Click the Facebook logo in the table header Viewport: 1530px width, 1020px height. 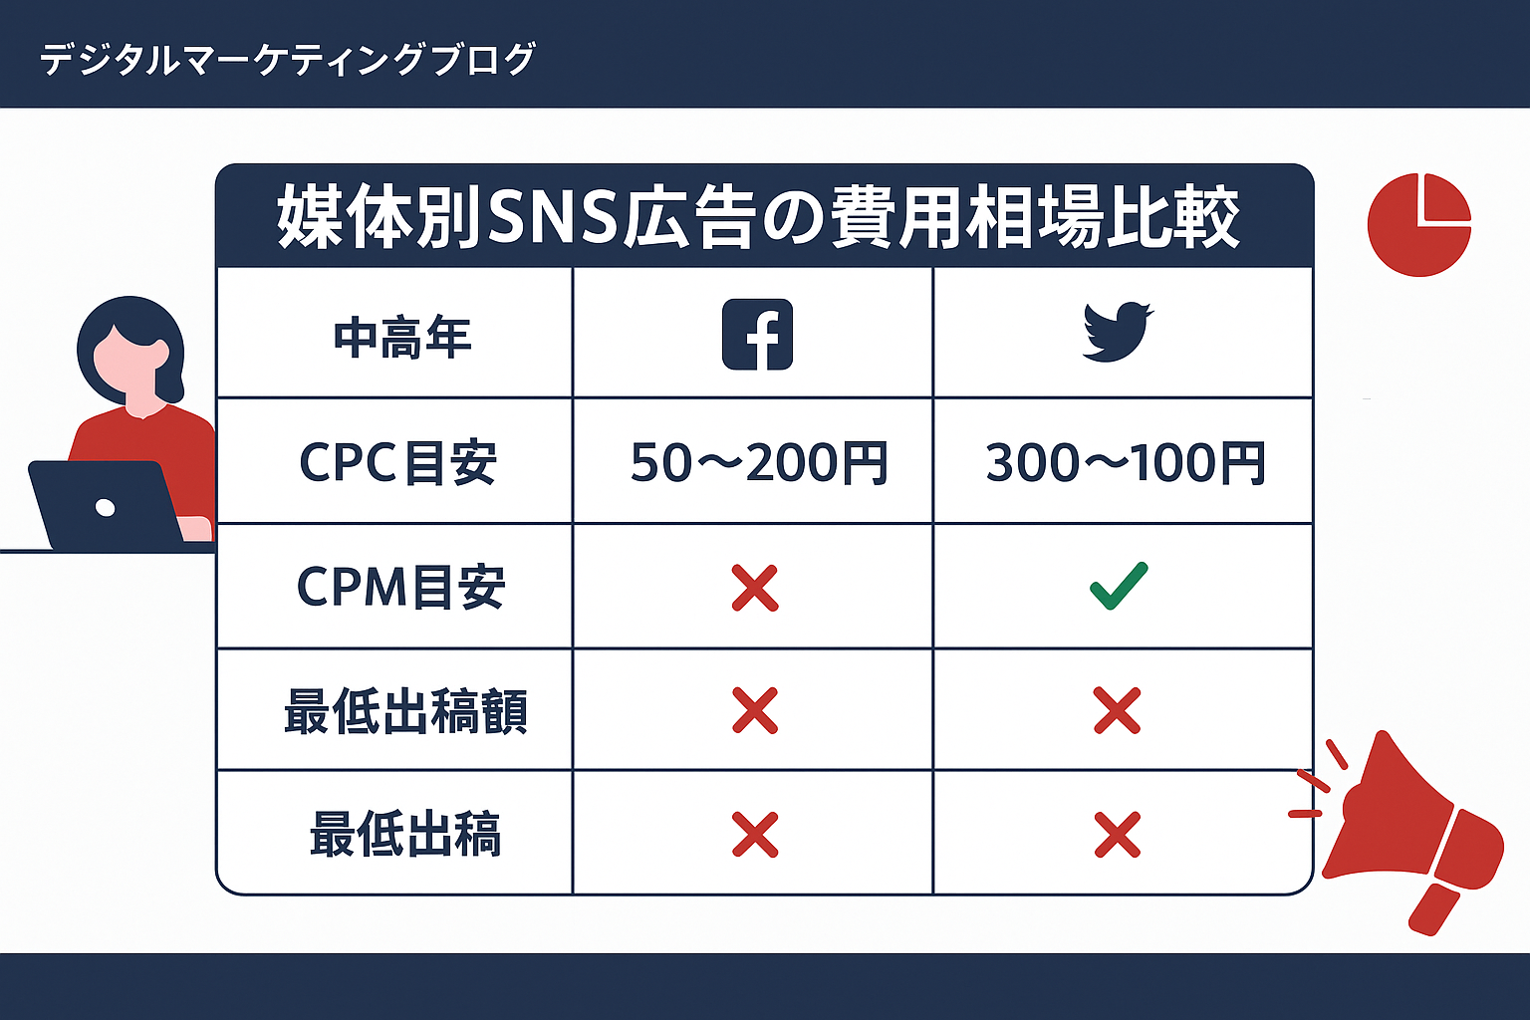(757, 335)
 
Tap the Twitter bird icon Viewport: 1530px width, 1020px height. (1118, 333)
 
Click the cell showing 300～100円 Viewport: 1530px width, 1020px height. (1125, 463)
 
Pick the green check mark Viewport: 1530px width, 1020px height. (1119, 586)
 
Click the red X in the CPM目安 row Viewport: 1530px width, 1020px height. (754, 588)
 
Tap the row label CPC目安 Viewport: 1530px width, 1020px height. (397, 463)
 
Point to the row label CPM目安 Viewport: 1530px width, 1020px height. (400, 588)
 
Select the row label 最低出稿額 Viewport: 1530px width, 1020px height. (404, 712)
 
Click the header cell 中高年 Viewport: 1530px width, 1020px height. (401, 338)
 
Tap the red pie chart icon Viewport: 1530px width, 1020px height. (1418, 225)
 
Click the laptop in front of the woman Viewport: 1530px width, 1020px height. (106, 506)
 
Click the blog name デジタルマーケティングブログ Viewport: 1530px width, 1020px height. (288, 60)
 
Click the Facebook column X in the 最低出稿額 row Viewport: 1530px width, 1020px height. (754, 710)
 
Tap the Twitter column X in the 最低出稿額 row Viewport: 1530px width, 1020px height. (1117, 710)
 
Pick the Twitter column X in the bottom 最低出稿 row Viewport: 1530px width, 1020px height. (1117, 835)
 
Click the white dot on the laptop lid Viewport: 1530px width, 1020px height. (105, 508)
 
